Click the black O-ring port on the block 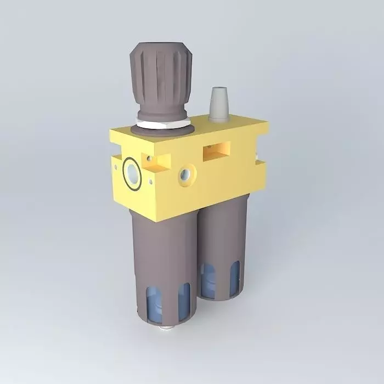pos(132,173)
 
